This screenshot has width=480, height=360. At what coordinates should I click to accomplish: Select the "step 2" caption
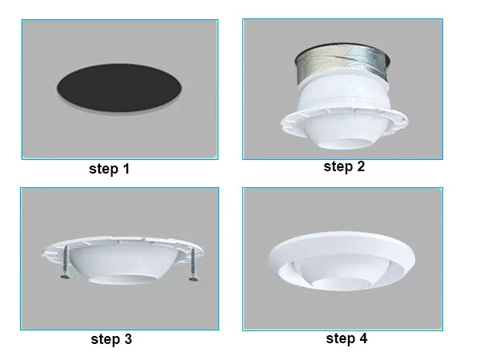click(343, 166)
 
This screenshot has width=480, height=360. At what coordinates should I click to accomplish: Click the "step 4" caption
click(346, 338)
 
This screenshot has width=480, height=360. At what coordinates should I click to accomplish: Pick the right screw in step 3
click(194, 266)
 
